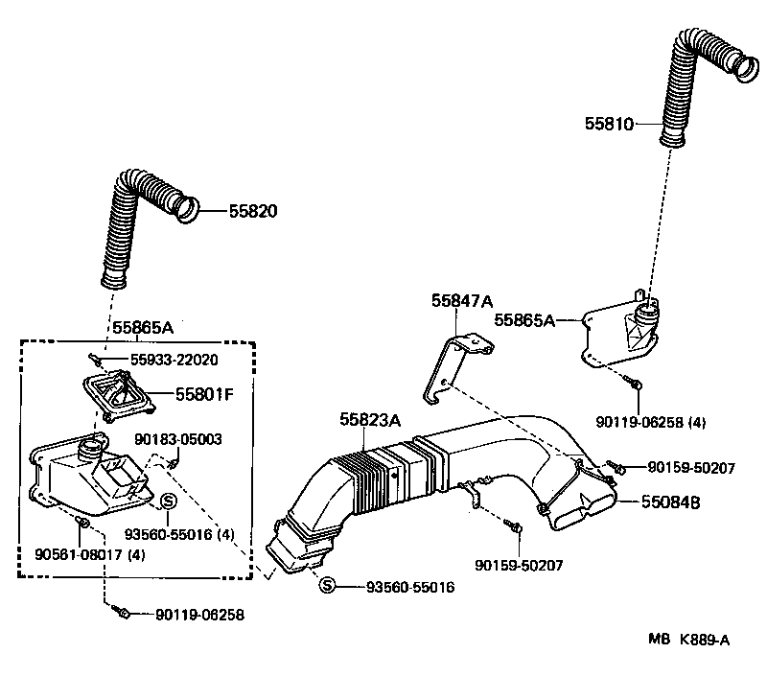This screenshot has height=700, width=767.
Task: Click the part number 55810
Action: [x=610, y=124]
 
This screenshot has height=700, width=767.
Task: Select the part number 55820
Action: [x=253, y=210]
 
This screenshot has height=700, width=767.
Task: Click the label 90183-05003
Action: [x=177, y=439]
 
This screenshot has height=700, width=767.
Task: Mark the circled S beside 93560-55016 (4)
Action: [x=166, y=501]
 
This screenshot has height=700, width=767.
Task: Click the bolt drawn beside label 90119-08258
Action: [x=121, y=611]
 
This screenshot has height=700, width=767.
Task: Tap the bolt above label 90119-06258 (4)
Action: [x=638, y=385]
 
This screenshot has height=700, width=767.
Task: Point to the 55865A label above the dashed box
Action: [x=143, y=328]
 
